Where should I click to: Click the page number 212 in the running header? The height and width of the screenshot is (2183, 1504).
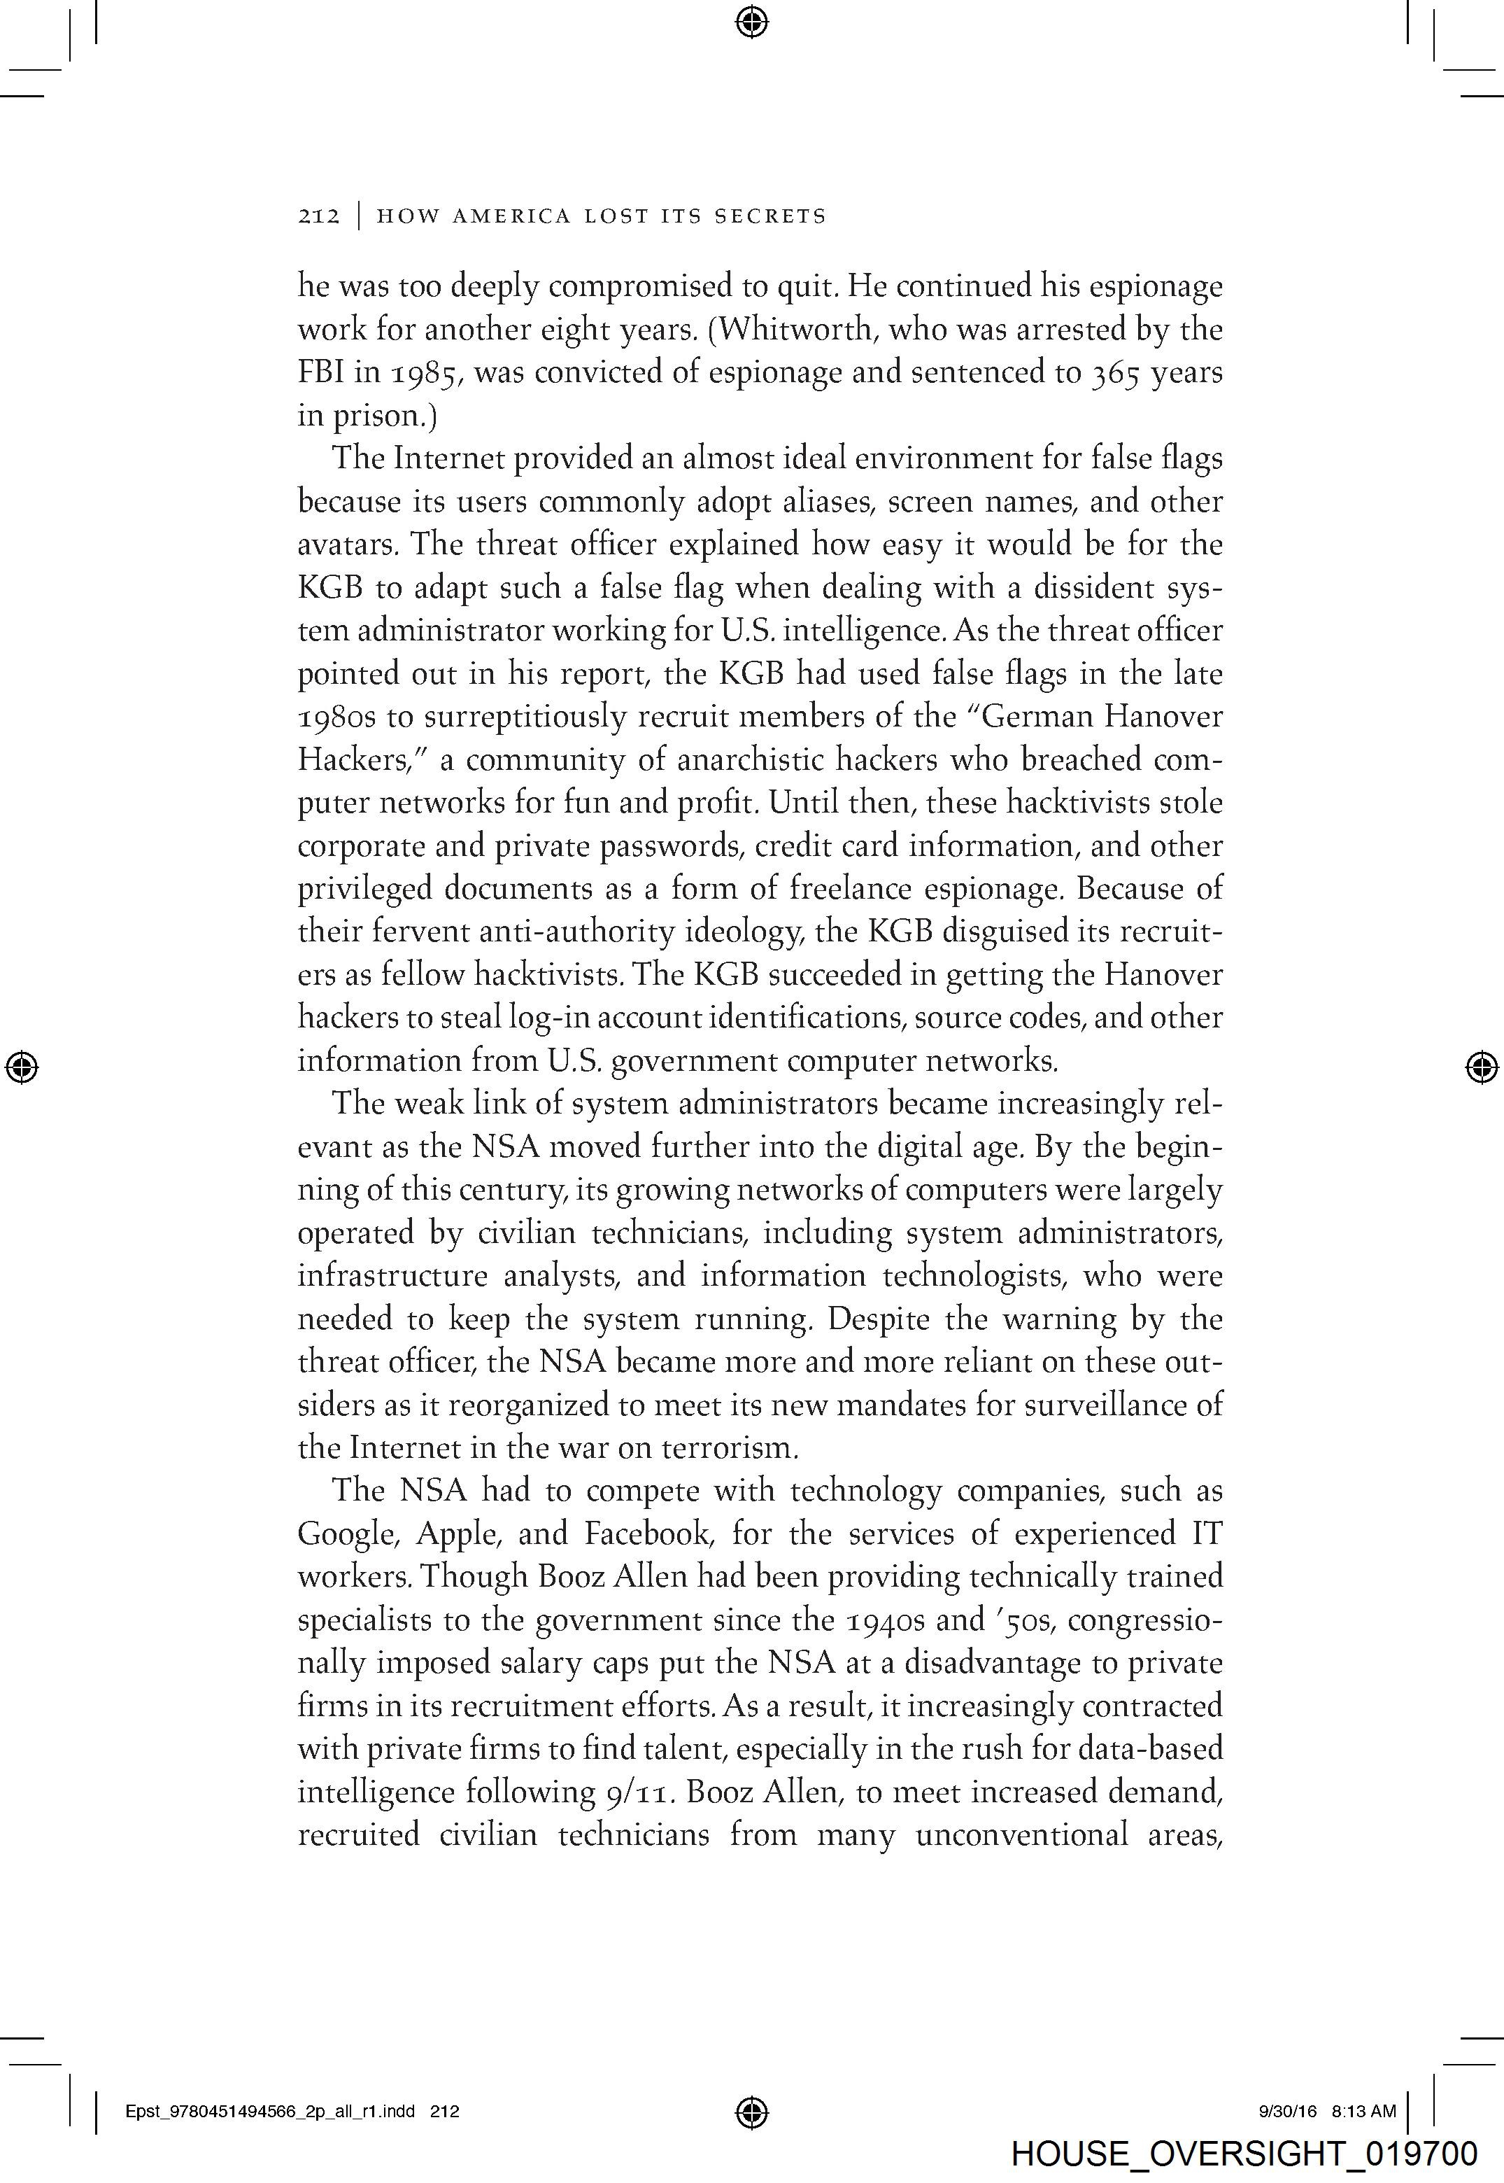point(318,216)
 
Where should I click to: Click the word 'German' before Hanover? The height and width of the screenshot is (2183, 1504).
point(1031,717)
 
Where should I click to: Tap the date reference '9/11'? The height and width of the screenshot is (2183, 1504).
point(640,1792)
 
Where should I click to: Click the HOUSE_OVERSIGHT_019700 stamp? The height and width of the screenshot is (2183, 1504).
point(1244,2154)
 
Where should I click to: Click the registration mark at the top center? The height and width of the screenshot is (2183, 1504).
point(751,21)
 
